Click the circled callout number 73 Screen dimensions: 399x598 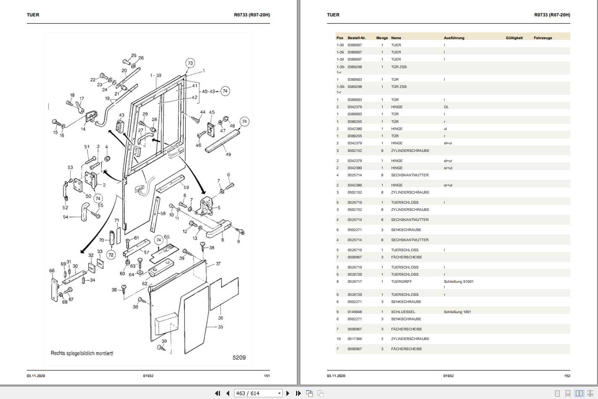point(190,63)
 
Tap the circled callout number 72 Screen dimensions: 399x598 point(111,255)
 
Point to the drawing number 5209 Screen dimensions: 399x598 point(239,357)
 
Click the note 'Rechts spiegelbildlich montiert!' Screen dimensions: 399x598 point(82,353)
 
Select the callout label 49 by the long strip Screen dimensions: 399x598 point(228,154)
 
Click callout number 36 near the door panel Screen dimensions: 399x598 point(220,318)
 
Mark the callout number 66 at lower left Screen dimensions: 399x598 point(52,271)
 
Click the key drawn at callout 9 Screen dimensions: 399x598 point(240,231)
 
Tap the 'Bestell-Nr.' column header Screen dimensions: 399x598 point(357,38)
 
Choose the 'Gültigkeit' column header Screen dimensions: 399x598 point(514,38)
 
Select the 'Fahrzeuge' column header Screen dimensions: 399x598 point(542,38)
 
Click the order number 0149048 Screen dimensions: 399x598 point(355,312)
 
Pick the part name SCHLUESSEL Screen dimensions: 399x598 point(403,312)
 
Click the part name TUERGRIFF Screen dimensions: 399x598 point(401,282)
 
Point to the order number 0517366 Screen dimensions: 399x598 point(355,339)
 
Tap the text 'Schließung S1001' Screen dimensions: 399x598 point(458,282)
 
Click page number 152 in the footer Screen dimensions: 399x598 point(567,376)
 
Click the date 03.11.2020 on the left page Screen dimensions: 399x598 point(36,376)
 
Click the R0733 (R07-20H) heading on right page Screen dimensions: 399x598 point(552,15)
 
